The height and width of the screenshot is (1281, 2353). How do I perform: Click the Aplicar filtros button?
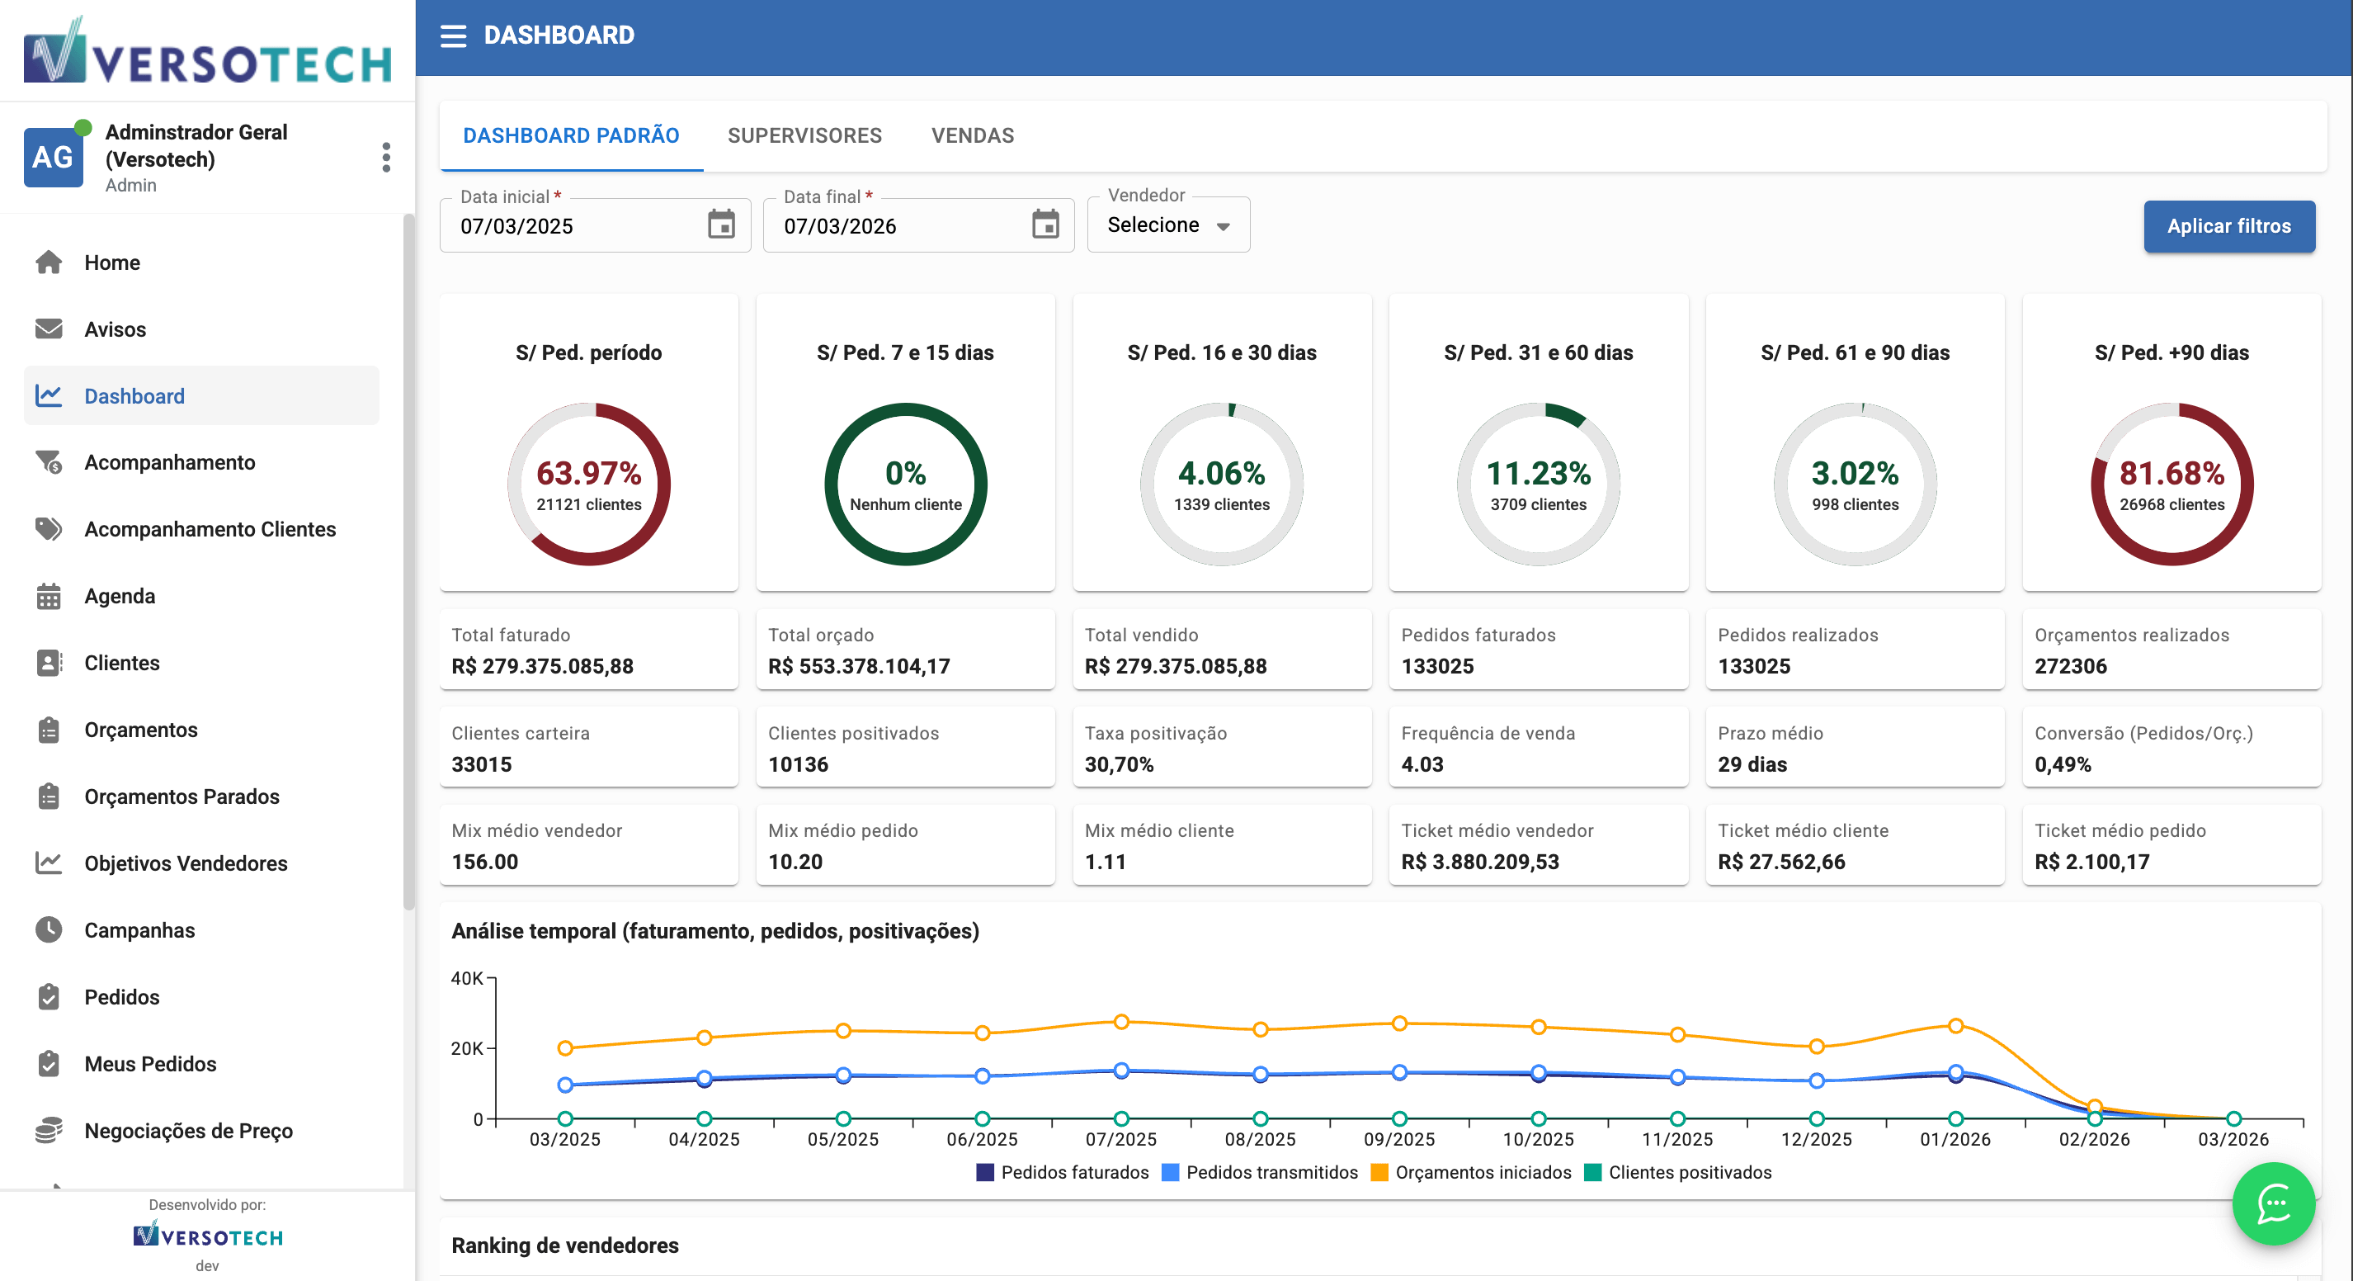pyautogui.click(x=2228, y=225)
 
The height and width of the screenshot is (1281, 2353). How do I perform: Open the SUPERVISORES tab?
pyautogui.click(x=804, y=135)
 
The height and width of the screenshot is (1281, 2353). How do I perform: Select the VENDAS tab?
pyautogui.click(x=972, y=135)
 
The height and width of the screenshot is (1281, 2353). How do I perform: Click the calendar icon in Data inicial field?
pyautogui.click(x=721, y=224)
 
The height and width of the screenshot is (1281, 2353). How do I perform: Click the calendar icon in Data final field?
pyautogui.click(x=1045, y=224)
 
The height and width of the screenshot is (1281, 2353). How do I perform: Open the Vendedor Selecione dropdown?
pyautogui.click(x=1167, y=225)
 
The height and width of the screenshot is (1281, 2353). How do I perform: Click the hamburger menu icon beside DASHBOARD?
pyautogui.click(x=453, y=35)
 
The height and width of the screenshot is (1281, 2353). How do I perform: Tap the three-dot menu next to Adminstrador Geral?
pyautogui.click(x=386, y=157)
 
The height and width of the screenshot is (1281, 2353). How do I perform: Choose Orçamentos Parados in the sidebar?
pyautogui.click(x=182, y=796)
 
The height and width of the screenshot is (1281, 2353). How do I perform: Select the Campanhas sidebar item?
pyautogui.click(x=139, y=929)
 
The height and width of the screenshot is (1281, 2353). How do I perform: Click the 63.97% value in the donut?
pyautogui.click(x=588, y=473)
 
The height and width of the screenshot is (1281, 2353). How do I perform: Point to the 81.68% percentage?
pyautogui.click(x=2171, y=473)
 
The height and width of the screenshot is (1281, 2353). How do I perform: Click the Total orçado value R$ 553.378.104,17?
pyautogui.click(x=859, y=666)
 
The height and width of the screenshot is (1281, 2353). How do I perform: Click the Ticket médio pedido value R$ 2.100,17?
pyautogui.click(x=2091, y=862)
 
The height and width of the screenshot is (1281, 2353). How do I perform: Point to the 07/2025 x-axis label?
pyautogui.click(x=1120, y=1139)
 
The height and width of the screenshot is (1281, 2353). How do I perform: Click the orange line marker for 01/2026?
pyautogui.click(x=1955, y=1025)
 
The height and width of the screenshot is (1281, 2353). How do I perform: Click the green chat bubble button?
pyautogui.click(x=2273, y=1203)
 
